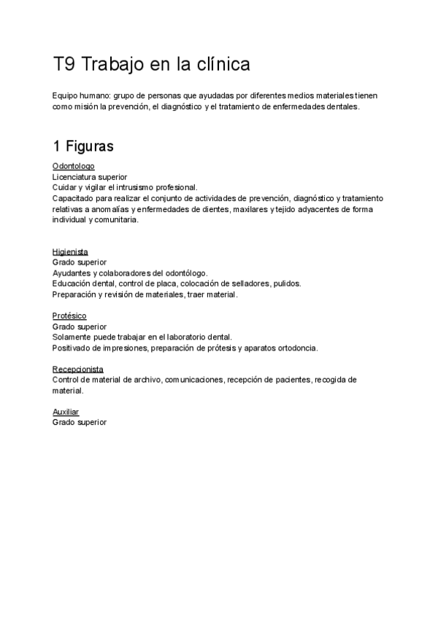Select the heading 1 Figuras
pyautogui.click(x=83, y=146)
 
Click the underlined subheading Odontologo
pyautogui.click(x=74, y=166)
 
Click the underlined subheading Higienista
pyautogui.click(x=70, y=251)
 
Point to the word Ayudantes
pyautogui.click(x=72, y=273)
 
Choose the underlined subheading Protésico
pyautogui.click(x=69, y=316)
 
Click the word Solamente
pyautogui.click(x=73, y=337)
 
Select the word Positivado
pyautogui.click(x=72, y=348)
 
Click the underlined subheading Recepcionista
pyautogui.click(x=78, y=369)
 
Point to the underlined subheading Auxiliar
pyautogui.click(x=66, y=412)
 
